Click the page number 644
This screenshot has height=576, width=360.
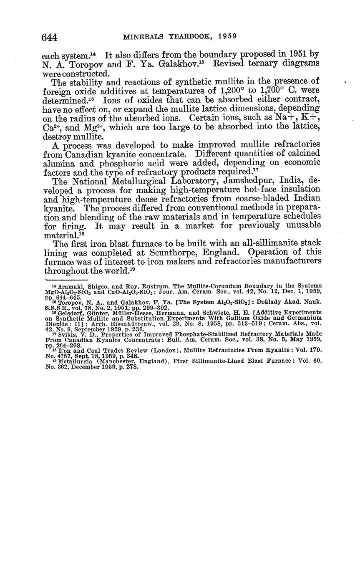[x=49, y=38]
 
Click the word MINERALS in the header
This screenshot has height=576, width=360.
[x=143, y=36]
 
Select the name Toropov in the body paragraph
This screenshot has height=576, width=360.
[x=83, y=63]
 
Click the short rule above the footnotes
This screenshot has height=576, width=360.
[x=66, y=280]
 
